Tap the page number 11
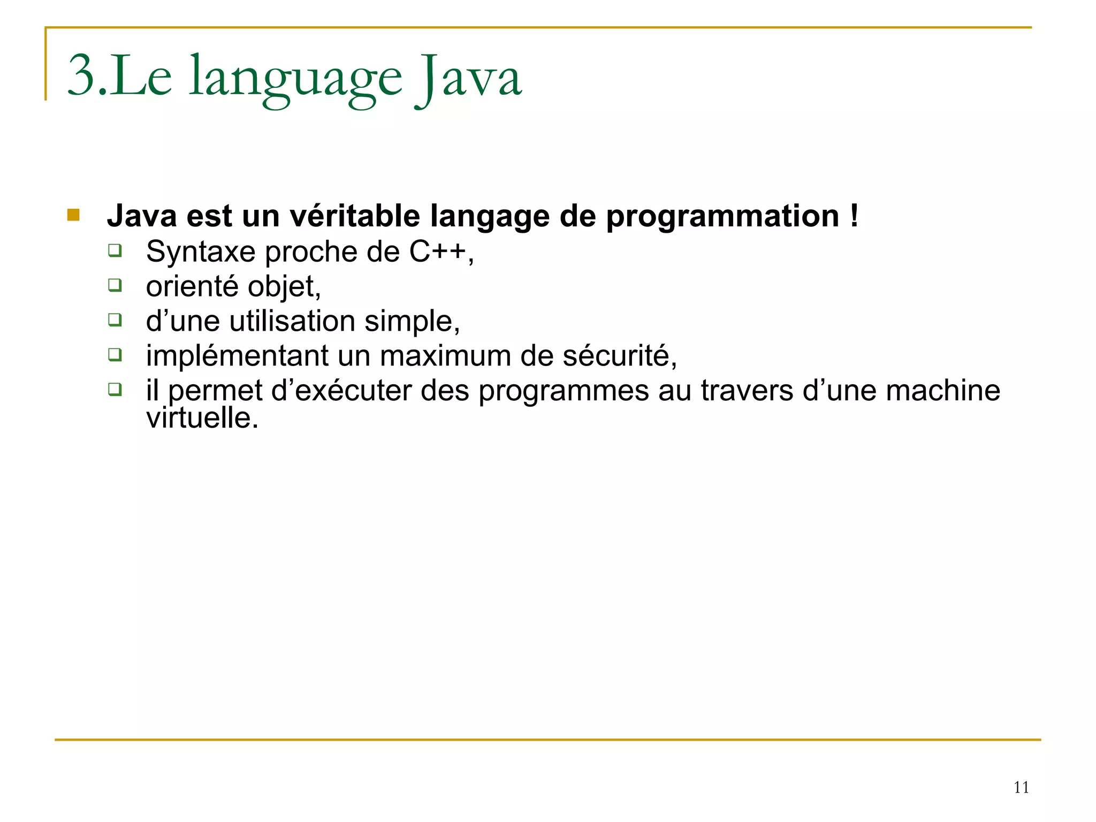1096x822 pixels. (1021, 787)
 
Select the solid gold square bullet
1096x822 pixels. (73, 215)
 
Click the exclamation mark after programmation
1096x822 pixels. (854, 216)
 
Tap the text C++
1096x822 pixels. (438, 252)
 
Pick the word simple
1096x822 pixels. (411, 322)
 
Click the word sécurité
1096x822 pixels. (619, 356)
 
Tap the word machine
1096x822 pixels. (942, 390)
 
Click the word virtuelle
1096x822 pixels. (202, 418)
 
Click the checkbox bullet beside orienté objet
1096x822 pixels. (115, 285)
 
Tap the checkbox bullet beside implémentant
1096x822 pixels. (115, 354)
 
